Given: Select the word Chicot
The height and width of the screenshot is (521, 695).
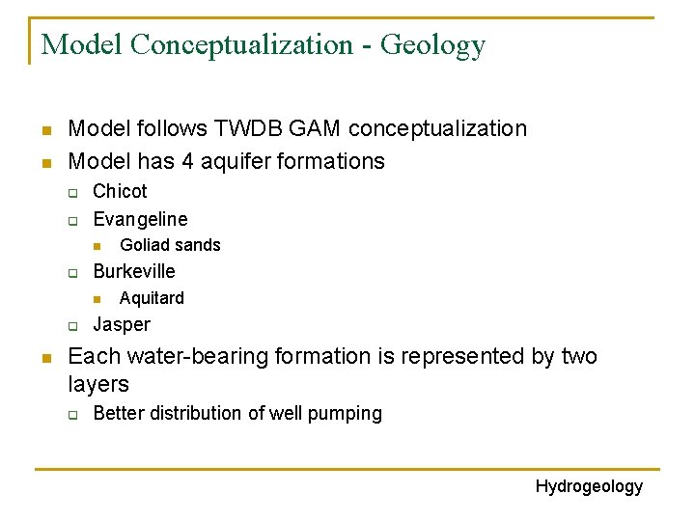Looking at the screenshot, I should [x=120, y=191].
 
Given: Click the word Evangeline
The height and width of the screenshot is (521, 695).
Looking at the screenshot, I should [x=140, y=219].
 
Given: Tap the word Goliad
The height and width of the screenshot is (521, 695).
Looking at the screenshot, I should [x=143, y=245].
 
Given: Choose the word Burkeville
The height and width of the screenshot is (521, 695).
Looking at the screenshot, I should [x=134, y=271].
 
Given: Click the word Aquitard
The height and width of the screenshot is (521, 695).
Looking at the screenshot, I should [x=152, y=298].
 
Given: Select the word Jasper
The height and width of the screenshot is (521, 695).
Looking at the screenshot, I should [x=122, y=324].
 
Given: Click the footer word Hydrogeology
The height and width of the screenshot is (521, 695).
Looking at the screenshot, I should [x=589, y=486].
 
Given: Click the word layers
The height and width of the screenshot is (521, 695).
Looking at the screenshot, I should [x=98, y=384].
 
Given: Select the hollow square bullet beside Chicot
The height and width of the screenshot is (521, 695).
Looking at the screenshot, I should [x=72, y=193].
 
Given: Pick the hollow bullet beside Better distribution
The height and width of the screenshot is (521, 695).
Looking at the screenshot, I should [x=72, y=415].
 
